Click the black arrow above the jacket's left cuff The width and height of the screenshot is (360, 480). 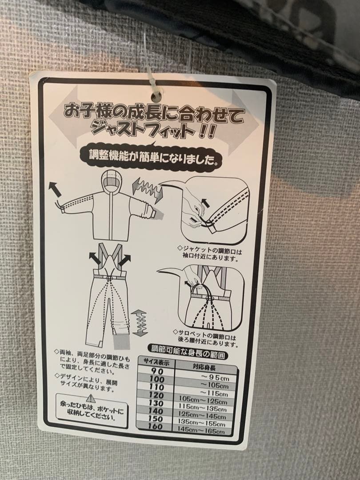coord(55,188)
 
